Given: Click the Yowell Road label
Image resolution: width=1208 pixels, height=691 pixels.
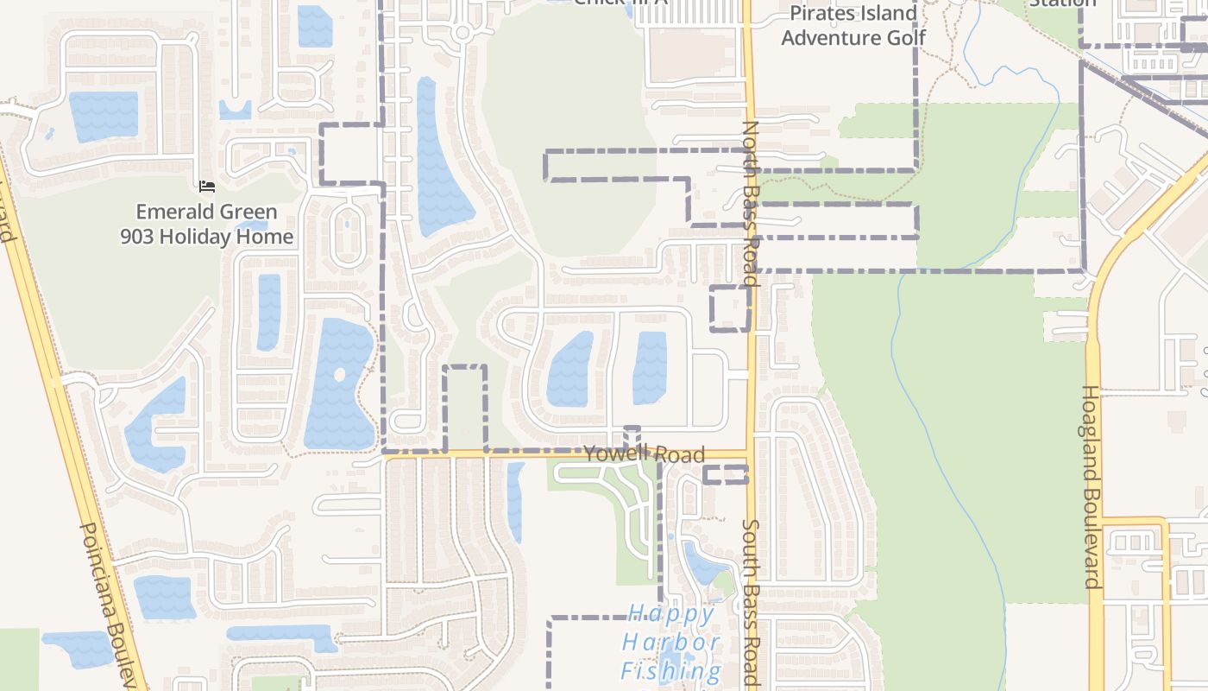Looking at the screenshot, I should tap(644, 454).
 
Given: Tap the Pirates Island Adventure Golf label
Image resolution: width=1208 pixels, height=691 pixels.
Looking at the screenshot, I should tap(853, 25).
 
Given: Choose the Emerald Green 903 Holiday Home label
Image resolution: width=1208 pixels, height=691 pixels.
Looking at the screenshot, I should tap(207, 224).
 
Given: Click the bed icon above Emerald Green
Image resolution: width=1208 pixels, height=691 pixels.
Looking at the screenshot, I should tap(206, 186).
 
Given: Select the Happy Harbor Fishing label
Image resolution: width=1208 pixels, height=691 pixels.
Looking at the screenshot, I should tap(671, 643).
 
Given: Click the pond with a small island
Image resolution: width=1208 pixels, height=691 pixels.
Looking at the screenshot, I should tap(338, 384).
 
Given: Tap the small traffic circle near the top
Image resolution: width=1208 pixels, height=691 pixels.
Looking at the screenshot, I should tap(462, 33).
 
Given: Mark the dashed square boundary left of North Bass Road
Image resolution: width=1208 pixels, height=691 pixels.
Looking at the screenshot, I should tap(729, 307).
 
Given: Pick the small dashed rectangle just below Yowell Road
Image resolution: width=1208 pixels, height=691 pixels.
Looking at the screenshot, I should tap(725, 474).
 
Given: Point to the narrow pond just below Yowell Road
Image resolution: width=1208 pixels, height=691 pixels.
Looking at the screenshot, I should tap(515, 501).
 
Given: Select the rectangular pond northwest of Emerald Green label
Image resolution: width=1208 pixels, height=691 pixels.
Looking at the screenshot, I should tap(104, 116).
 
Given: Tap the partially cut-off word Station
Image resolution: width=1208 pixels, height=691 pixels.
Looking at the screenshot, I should tap(1062, 3).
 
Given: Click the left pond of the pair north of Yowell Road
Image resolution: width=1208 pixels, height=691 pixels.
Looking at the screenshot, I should tap(569, 370).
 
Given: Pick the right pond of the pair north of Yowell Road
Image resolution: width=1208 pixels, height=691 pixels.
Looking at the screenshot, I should tap(650, 367).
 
